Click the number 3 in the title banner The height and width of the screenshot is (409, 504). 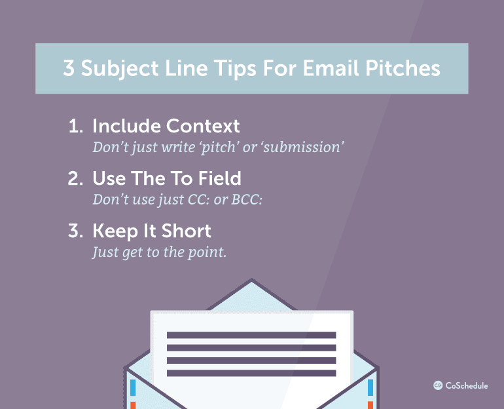pyautogui.click(x=69, y=69)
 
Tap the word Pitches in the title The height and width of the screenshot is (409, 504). pyautogui.click(x=407, y=69)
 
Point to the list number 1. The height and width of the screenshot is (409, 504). pyautogui.click(x=74, y=126)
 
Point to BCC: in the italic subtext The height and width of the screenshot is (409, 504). pyautogui.click(x=243, y=199)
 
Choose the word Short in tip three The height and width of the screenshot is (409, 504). pyautogui.click(x=187, y=231)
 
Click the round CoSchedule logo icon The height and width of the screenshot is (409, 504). pyautogui.click(x=438, y=386)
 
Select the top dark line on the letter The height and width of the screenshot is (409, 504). pyautogui.click(x=251, y=335)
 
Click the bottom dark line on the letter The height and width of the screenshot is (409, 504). pyautogui.click(x=251, y=373)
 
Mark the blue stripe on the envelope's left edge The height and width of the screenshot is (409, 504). pyautogui.click(x=133, y=387)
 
